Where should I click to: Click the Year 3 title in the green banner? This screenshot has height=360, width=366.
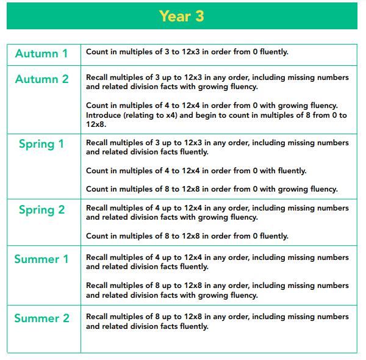tap(182, 16)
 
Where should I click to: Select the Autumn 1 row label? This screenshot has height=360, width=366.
tap(41, 54)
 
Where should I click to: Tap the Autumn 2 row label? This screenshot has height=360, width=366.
tap(41, 79)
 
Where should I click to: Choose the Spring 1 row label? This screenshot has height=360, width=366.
tap(41, 145)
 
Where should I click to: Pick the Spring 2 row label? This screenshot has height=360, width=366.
tap(41, 210)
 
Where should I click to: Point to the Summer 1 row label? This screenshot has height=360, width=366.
tap(41, 259)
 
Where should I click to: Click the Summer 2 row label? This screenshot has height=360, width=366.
tap(41, 319)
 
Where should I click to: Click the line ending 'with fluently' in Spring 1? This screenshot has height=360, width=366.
tap(196, 170)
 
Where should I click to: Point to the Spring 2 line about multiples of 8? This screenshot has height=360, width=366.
tap(187, 236)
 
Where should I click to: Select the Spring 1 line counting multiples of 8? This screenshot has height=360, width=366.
tap(212, 189)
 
